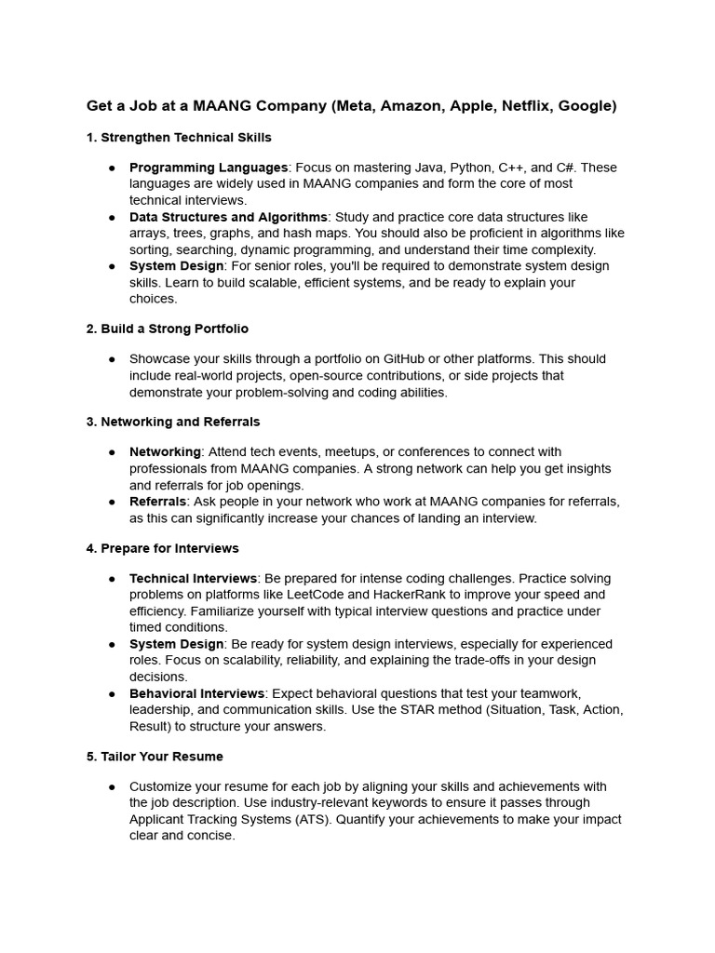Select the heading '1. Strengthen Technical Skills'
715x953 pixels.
click(x=179, y=138)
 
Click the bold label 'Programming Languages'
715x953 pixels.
click(x=209, y=168)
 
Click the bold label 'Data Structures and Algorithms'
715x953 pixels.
click(x=228, y=217)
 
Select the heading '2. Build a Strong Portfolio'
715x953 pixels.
click(x=168, y=329)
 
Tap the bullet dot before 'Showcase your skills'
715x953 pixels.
click(x=112, y=359)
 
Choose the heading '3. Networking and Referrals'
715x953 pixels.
click(x=173, y=422)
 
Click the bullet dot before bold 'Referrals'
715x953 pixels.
click(x=112, y=502)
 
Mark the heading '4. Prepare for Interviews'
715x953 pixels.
click(x=163, y=548)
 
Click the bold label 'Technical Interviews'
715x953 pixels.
click(x=193, y=579)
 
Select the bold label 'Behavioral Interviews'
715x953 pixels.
click(x=197, y=693)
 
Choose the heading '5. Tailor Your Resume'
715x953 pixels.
click(x=155, y=757)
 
